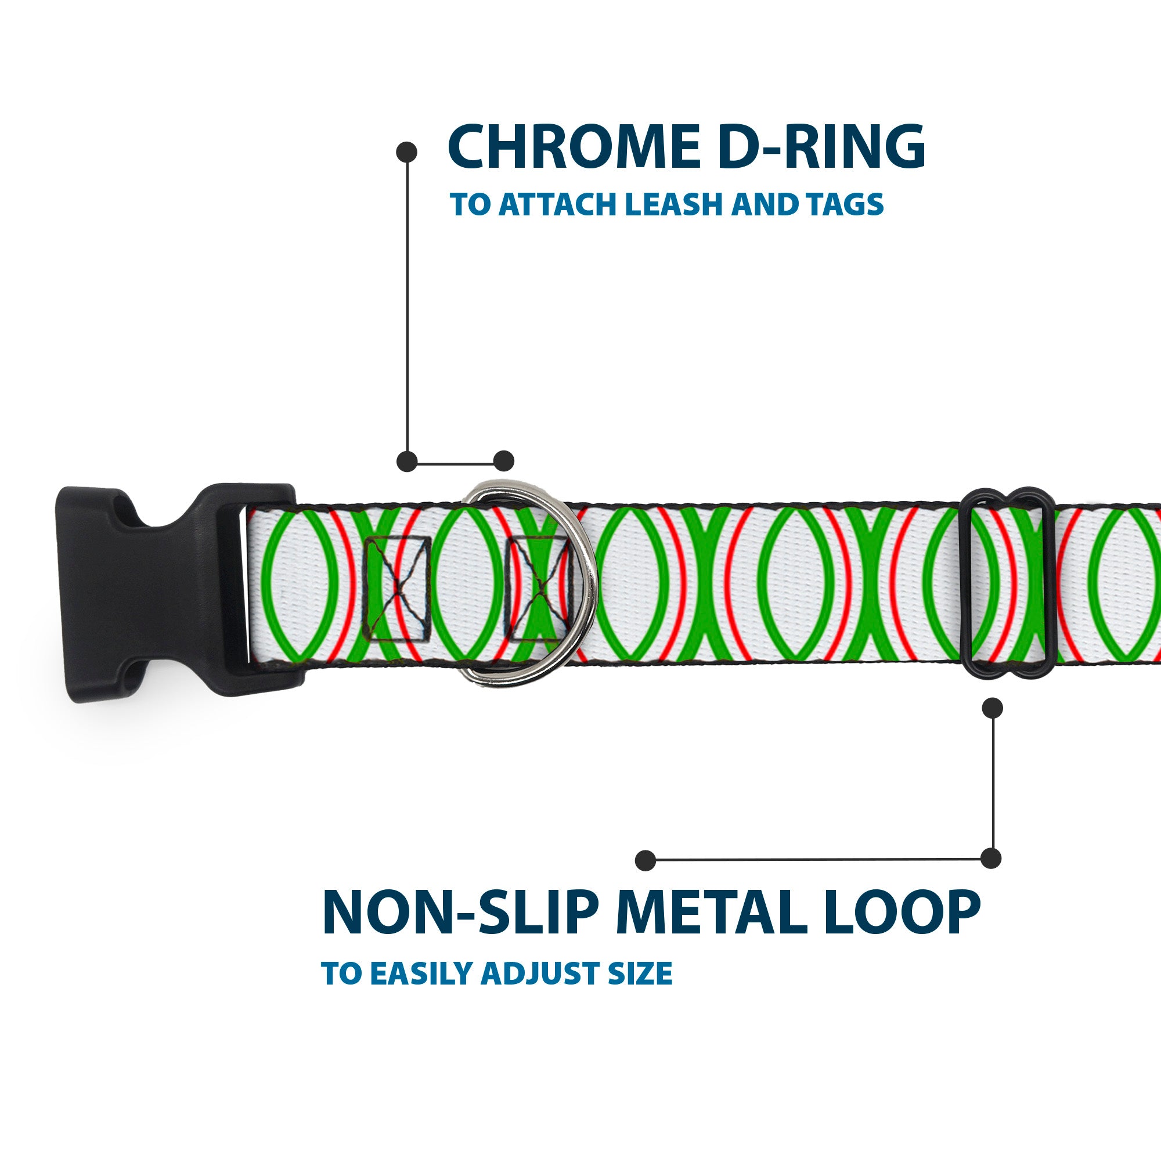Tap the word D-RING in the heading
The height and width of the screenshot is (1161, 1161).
pyautogui.click(x=821, y=147)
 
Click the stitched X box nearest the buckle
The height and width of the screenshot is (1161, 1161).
pyautogui.click(x=398, y=587)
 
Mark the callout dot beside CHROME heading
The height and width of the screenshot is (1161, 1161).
pyautogui.click(x=407, y=152)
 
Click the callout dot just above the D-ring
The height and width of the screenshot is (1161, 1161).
pyautogui.click(x=503, y=461)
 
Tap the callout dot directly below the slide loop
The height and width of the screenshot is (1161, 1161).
pyautogui.click(x=992, y=708)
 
